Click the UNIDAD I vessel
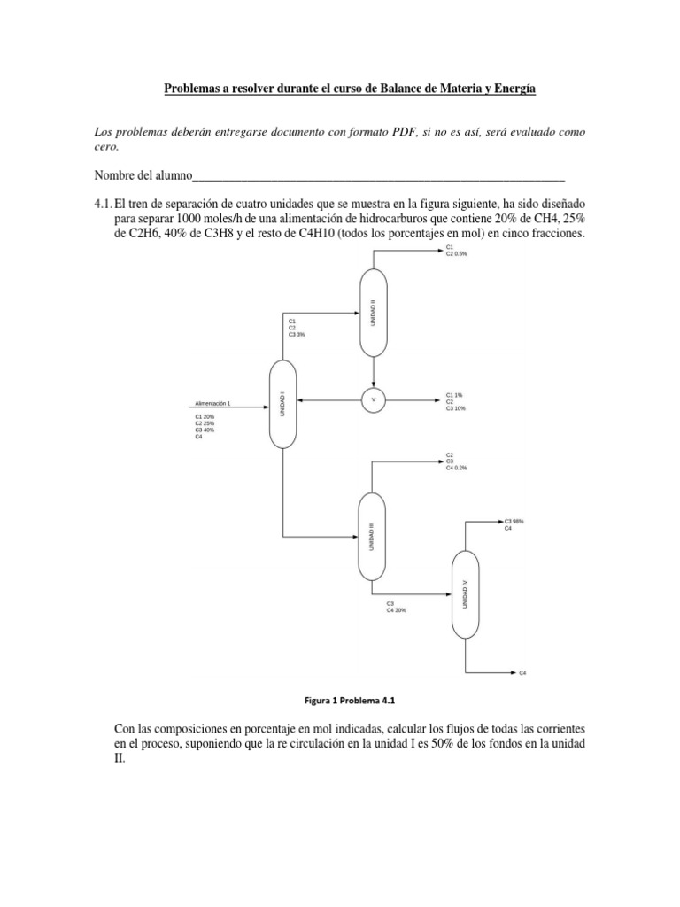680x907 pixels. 282,403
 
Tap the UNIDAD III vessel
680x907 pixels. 372,536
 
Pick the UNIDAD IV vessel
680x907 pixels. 465,593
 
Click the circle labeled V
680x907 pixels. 373,400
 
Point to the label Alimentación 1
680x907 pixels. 212,404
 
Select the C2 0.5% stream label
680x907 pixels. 457,253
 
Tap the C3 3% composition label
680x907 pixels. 297,334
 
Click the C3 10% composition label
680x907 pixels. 456,408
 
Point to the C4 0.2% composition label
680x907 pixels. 457,467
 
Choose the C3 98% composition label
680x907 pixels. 514,522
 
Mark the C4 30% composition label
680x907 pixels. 397,610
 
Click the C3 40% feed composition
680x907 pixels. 205,430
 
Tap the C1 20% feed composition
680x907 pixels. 205,416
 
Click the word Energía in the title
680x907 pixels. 513,89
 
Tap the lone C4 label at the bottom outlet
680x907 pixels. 523,674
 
